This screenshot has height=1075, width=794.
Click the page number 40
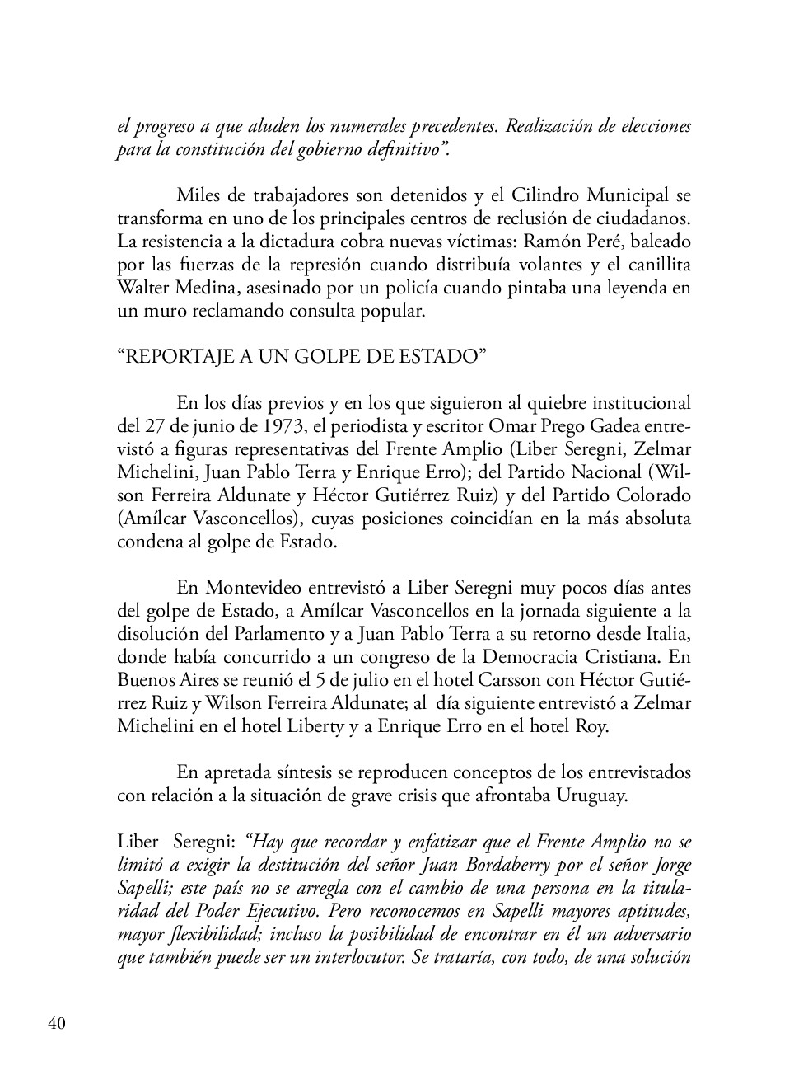click(57, 1023)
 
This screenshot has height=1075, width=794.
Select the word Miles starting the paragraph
click(197, 196)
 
